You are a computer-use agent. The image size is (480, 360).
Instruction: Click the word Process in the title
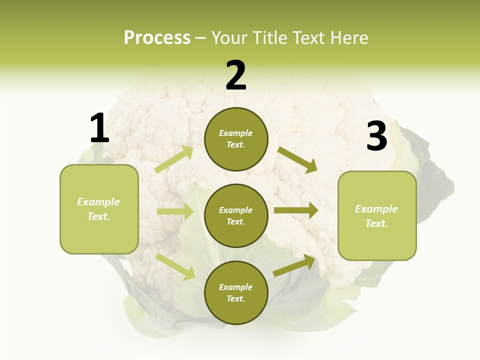click(157, 38)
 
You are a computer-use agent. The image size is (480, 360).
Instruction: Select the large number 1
click(99, 128)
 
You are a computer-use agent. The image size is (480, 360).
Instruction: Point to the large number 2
click(236, 75)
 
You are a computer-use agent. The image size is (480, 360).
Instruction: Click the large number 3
click(376, 136)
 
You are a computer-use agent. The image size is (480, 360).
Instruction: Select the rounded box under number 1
click(99, 209)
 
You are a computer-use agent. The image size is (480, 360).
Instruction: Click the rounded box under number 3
click(377, 216)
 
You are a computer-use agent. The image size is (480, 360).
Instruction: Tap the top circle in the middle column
click(236, 139)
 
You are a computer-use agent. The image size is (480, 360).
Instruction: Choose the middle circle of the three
click(236, 215)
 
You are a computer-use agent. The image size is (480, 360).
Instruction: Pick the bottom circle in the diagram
click(236, 292)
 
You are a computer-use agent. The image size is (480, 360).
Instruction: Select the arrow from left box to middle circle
click(174, 211)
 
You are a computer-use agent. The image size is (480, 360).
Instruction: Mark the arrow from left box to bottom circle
click(175, 266)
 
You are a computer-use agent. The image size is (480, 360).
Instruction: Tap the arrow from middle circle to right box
click(295, 210)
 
